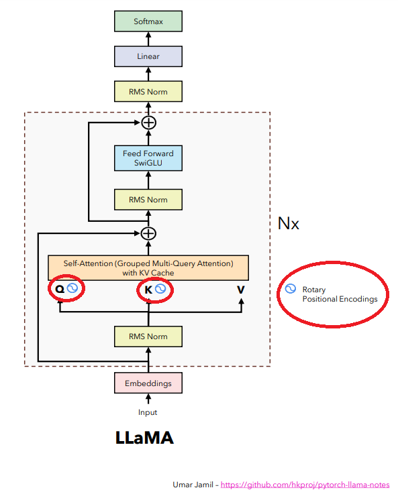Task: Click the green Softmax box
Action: (148, 21)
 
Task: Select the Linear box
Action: (148, 56)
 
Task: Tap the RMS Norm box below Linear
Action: (148, 91)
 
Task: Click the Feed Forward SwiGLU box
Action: (148, 158)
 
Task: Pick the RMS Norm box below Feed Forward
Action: (148, 200)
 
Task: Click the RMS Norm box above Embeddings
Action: (148, 336)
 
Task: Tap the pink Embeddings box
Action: (148, 383)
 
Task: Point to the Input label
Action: (148, 412)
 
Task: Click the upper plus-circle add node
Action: (148, 123)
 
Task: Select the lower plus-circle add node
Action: (148, 233)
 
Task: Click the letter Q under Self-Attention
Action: (59, 290)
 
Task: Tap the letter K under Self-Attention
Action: (148, 290)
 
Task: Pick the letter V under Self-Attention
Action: (240, 290)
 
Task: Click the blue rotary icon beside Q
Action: (73, 289)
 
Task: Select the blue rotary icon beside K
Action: (161, 289)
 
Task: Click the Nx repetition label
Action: (289, 223)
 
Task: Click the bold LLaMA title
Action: (144, 438)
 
